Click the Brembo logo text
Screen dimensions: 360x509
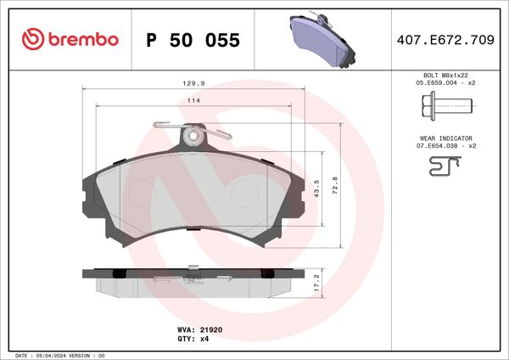(x=81, y=39)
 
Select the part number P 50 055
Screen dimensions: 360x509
(x=193, y=40)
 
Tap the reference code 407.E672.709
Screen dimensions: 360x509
(x=445, y=39)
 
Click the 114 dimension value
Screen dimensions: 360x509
(x=193, y=101)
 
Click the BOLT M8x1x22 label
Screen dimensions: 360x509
(x=445, y=76)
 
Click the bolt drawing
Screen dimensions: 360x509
(x=445, y=107)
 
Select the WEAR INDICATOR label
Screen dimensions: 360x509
(x=445, y=138)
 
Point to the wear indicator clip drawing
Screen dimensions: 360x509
(x=445, y=168)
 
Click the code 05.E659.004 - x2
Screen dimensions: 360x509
(x=445, y=84)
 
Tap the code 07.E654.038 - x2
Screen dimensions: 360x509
(x=445, y=145)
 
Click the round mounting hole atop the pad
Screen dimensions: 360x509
(x=194, y=135)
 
